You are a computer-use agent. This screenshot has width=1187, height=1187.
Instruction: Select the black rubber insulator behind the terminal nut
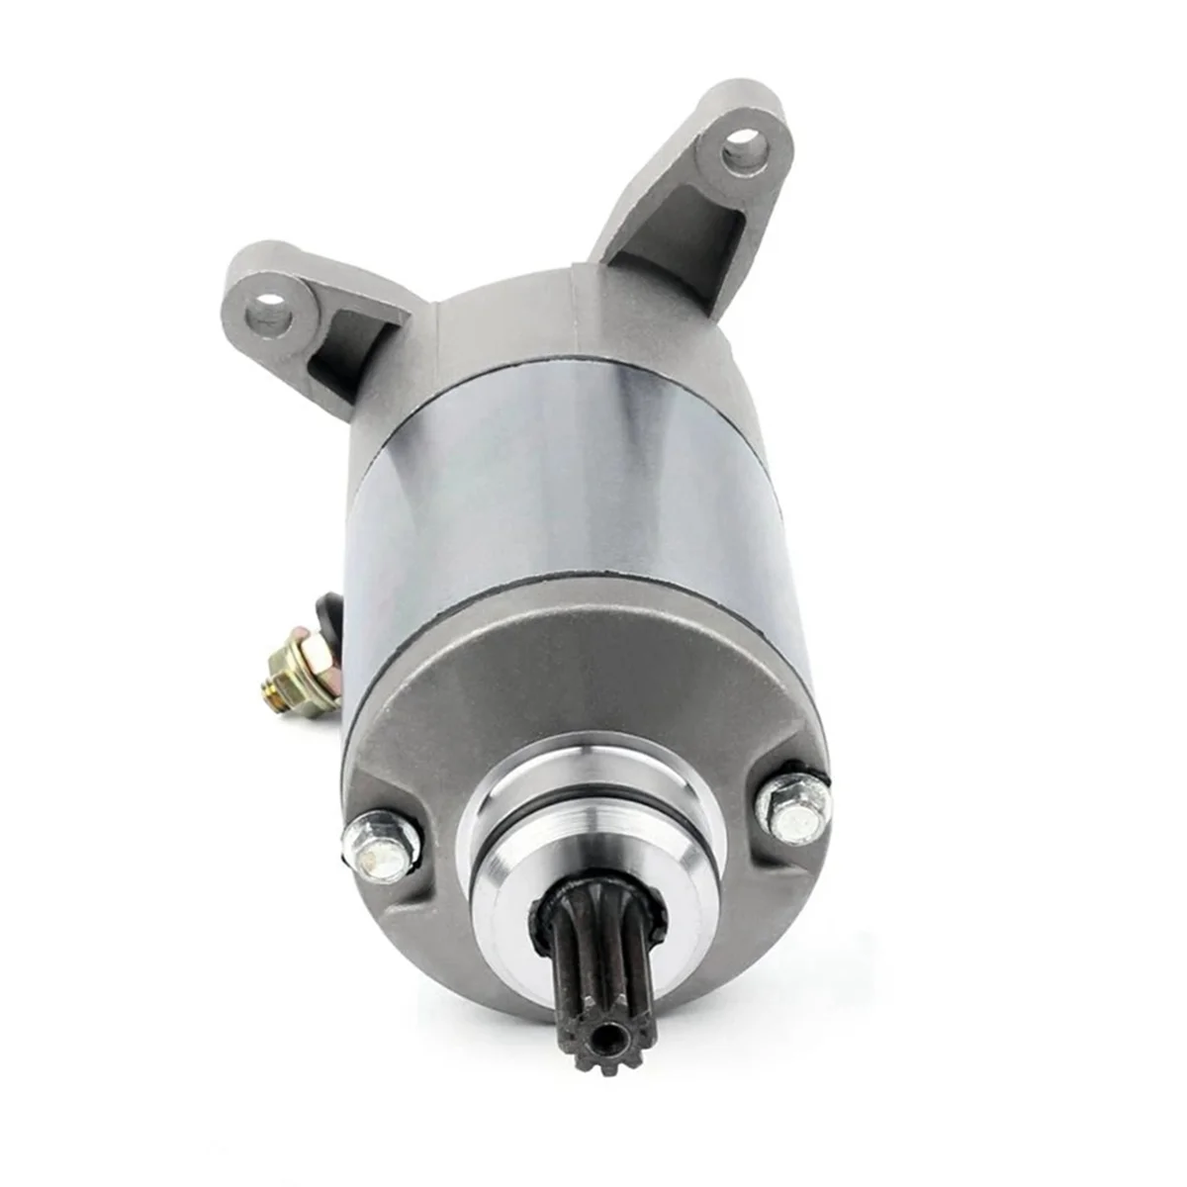click(x=328, y=618)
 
